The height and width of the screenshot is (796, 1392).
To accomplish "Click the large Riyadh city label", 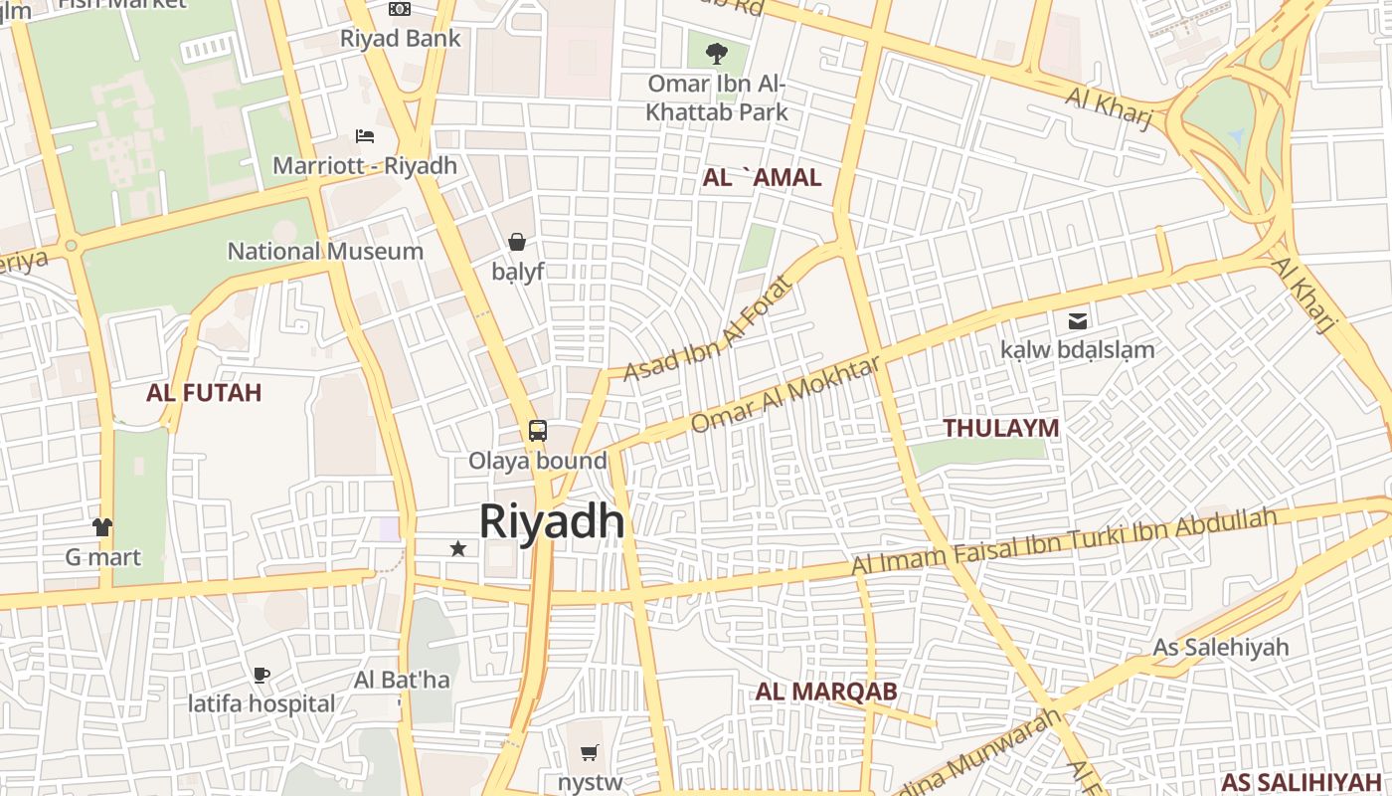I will pos(552,521).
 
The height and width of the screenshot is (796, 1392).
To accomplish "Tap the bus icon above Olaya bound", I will pos(538,431).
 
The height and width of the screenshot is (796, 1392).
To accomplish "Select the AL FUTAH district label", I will pos(204,392).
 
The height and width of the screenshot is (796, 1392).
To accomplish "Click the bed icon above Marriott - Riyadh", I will pos(365,136).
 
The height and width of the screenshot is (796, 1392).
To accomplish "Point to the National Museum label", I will pos(325,251).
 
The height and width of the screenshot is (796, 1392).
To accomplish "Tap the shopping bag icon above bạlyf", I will pos(517,241).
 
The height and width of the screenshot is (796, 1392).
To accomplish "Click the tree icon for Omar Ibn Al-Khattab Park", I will pos(716,54).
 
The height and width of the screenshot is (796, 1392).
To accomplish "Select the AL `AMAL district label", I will pos(762,178).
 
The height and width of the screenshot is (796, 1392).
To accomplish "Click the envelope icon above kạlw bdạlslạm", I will pos(1078,320).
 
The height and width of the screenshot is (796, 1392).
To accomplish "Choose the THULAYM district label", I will pos(1000,428).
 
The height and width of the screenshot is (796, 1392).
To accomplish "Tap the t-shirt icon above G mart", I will pos(102,527).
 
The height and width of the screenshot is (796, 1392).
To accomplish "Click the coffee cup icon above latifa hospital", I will pos(261,675).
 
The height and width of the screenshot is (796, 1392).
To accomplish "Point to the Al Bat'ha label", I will pos(402,681).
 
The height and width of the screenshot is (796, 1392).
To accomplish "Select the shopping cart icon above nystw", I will pos(590,752).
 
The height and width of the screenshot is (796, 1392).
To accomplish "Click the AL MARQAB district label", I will pos(826,692).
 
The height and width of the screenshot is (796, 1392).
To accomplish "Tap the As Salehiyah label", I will pos(1220,647).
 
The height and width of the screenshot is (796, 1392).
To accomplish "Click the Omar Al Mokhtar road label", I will pos(784,395).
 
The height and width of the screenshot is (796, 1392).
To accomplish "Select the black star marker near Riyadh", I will pos(458,548).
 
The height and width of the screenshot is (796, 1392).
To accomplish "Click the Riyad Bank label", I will pos(401,39).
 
